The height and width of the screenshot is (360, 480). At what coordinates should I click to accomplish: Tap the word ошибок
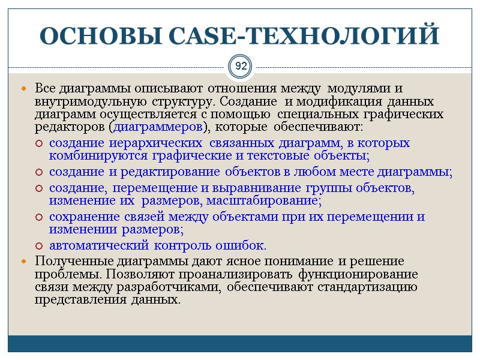click(244, 245)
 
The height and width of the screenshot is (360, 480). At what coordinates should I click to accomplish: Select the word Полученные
click(74, 262)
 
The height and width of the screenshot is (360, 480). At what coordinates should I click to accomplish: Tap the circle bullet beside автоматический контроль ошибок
click(39, 246)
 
